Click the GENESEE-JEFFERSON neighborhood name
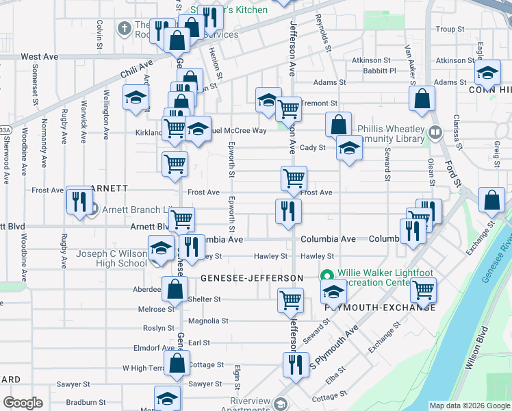(251, 277)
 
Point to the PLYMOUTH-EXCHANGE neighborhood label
(381, 307)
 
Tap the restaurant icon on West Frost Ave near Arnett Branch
(79, 201)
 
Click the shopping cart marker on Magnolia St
(290, 299)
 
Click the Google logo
(23, 403)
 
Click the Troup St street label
(450, 29)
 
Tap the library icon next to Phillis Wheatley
(435, 132)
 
